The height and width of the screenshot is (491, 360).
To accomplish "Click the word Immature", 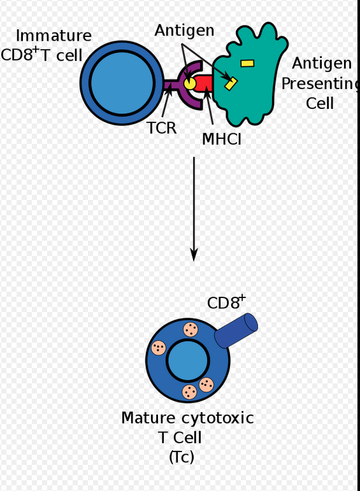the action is pos(54,36).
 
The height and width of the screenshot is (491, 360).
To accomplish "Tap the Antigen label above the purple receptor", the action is pos(185,31).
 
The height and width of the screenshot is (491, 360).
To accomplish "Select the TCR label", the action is pos(161,128).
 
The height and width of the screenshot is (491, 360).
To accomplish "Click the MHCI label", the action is pos(222,139).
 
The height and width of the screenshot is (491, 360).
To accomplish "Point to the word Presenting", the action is pos(320,84).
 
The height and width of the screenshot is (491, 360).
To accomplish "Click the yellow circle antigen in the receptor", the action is pos(189,83).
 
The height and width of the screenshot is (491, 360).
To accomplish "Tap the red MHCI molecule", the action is pos(204,83).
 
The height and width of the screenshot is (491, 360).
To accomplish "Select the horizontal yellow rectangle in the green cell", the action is pos(247,64).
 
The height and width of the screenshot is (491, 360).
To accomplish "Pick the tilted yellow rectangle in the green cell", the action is pos(231,84).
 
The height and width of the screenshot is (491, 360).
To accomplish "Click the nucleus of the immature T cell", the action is pos(122,83).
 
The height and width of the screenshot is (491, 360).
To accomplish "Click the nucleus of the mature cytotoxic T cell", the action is pos(188,360).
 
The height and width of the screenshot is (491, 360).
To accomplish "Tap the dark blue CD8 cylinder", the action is pos(236,331).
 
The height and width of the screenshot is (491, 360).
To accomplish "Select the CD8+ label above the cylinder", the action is pos(227,302).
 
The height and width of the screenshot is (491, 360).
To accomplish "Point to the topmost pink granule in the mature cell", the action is pos(191,329).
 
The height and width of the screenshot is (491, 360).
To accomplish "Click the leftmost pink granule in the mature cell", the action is pos(159,348).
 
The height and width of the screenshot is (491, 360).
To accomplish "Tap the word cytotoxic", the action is pos(217,418).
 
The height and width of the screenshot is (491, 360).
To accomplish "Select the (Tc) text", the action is pos(182,457).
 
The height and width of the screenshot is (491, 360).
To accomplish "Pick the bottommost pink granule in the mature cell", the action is pos(189,392).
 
